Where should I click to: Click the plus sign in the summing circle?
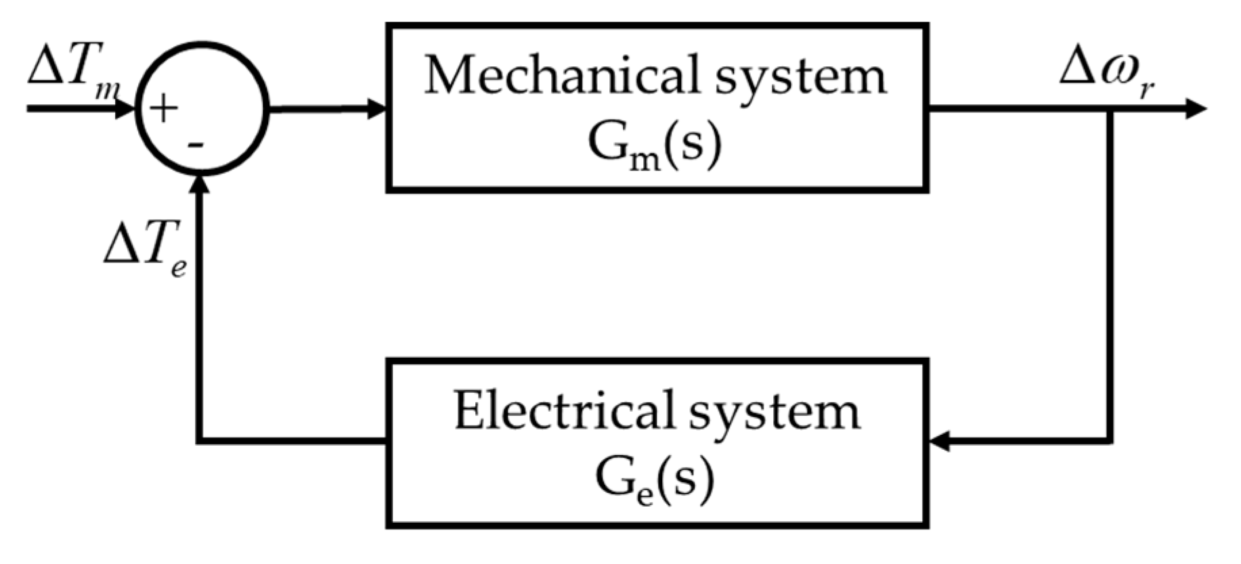click(x=164, y=109)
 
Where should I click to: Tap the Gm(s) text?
click(x=655, y=144)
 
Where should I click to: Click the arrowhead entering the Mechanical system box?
click(x=376, y=108)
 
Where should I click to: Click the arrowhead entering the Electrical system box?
click(x=940, y=443)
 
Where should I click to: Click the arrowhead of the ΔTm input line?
click(x=125, y=108)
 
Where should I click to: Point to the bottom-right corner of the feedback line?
click(x=1110, y=442)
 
